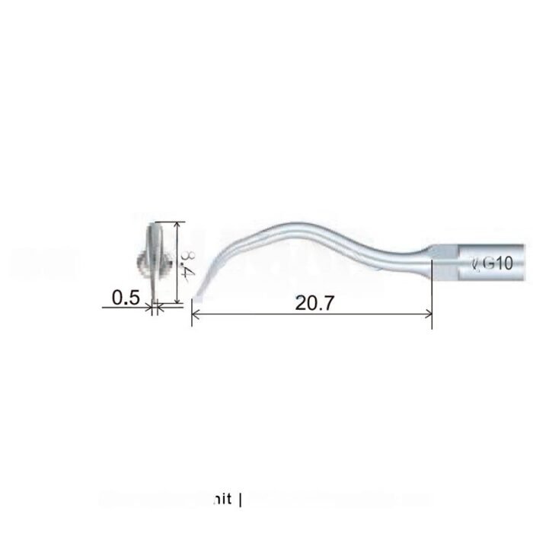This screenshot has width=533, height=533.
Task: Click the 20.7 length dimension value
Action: [311, 303]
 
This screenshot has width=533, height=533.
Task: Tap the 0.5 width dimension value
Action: [126, 298]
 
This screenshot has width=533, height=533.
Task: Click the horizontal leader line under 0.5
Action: [126, 308]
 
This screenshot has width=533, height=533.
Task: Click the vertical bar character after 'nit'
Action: [241, 500]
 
